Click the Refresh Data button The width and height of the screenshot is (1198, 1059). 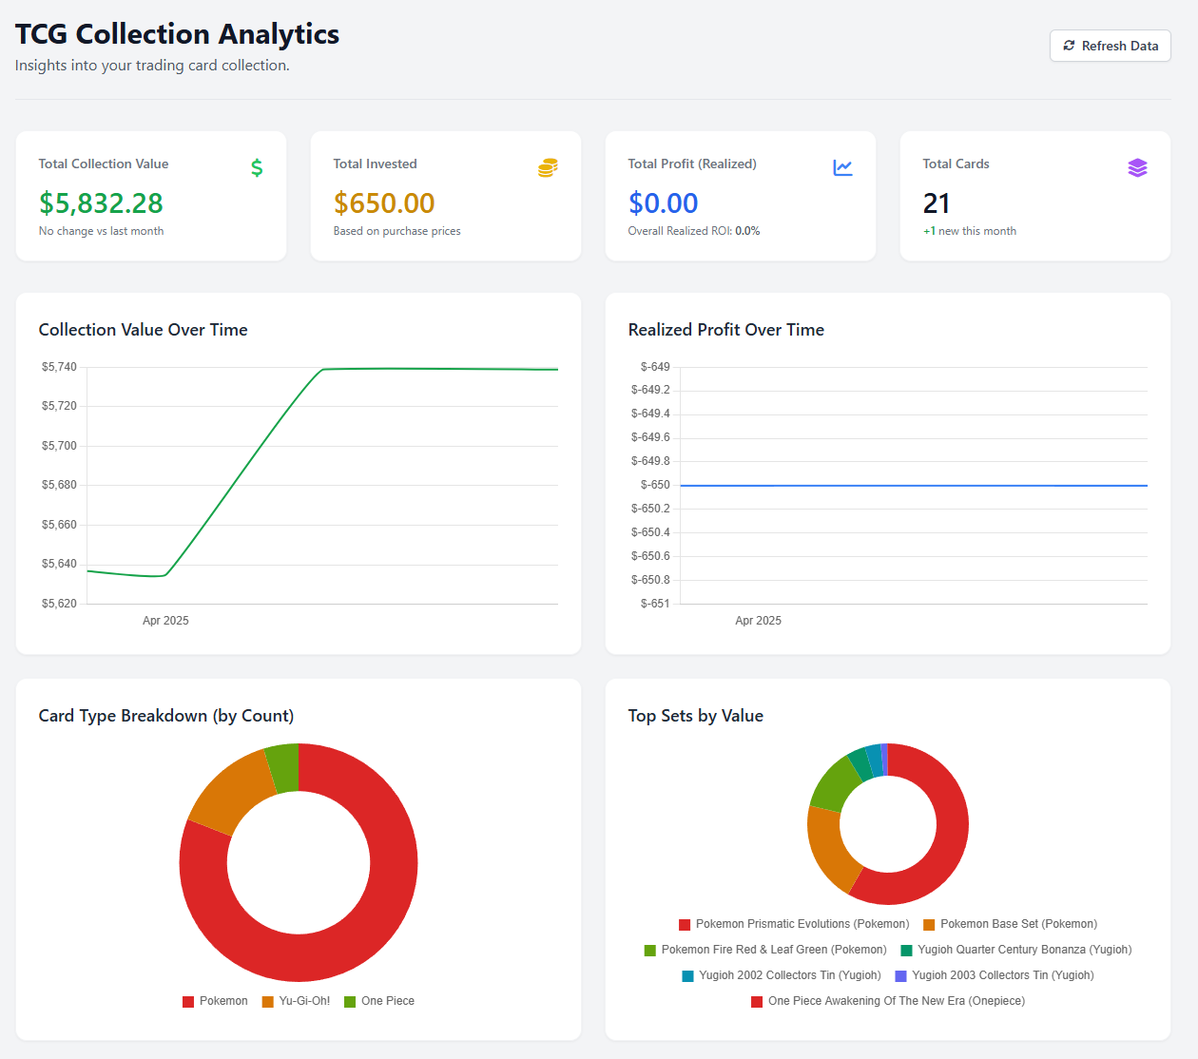pyautogui.click(x=1110, y=46)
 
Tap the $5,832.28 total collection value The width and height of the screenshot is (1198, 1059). pyautogui.click(x=101, y=203)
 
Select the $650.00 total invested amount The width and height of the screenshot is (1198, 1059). pyautogui.click(x=384, y=203)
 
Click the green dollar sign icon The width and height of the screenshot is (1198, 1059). pyautogui.click(x=257, y=168)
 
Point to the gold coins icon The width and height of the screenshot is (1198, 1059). pyautogui.click(x=548, y=168)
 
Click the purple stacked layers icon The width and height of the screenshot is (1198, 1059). pyautogui.click(x=1137, y=168)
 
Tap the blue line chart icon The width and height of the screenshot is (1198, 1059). pyautogui.click(x=842, y=168)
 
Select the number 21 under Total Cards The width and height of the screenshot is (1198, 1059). pyautogui.click(x=937, y=203)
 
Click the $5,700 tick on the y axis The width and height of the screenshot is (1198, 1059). pyautogui.click(x=59, y=446)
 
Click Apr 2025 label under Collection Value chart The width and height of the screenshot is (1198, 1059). pyautogui.click(x=165, y=621)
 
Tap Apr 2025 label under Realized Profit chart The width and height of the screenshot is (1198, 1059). pyautogui.click(x=758, y=621)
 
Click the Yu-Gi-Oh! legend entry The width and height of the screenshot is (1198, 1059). pyautogui.click(x=297, y=1001)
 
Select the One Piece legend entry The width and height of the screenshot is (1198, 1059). pyautogui.click(x=379, y=1001)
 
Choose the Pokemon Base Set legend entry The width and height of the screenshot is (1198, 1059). pyautogui.click(x=1010, y=924)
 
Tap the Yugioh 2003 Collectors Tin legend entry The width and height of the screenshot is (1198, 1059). pyautogui.click(x=995, y=975)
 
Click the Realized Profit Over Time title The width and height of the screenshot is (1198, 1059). pyautogui.click(x=725, y=330)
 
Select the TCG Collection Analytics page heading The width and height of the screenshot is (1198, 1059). pyautogui.click(x=177, y=34)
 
